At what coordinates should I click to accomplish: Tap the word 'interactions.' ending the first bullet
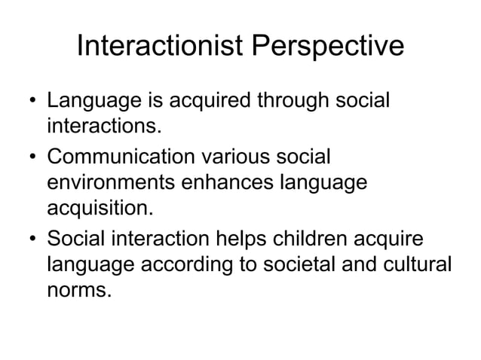pos(104,123)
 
